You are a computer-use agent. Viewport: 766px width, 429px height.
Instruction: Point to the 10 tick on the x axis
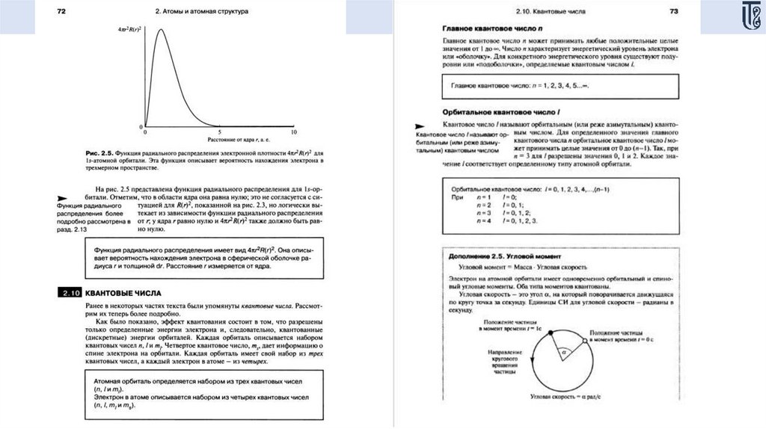click(x=294, y=132)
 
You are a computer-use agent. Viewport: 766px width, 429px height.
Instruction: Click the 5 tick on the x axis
click(x=219, y=132)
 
